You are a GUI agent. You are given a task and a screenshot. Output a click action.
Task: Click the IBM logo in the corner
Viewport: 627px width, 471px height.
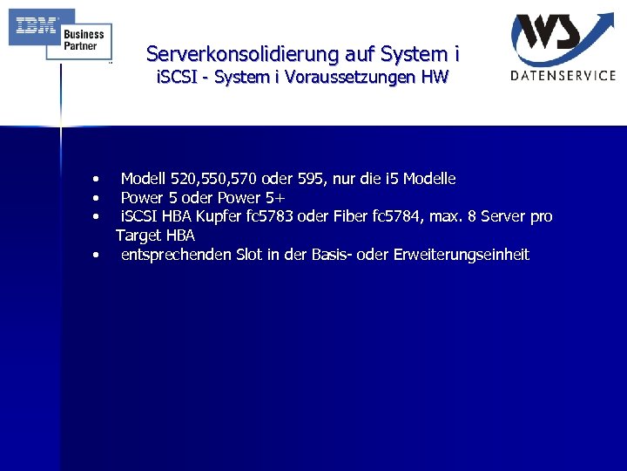click(x=33, y=27)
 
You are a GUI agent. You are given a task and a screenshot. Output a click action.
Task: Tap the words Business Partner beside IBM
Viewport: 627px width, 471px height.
click(x=84, y=40)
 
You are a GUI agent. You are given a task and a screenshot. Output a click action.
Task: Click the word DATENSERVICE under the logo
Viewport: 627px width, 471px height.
click(x=563, y=76)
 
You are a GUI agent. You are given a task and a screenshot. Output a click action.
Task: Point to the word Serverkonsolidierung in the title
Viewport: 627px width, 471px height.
click(x=228, y=54)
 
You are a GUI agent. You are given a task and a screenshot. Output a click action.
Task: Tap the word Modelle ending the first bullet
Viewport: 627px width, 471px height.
click(x=427, y=179)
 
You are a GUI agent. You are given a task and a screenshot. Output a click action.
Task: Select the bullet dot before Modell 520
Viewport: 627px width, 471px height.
click(x=100, y=180)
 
